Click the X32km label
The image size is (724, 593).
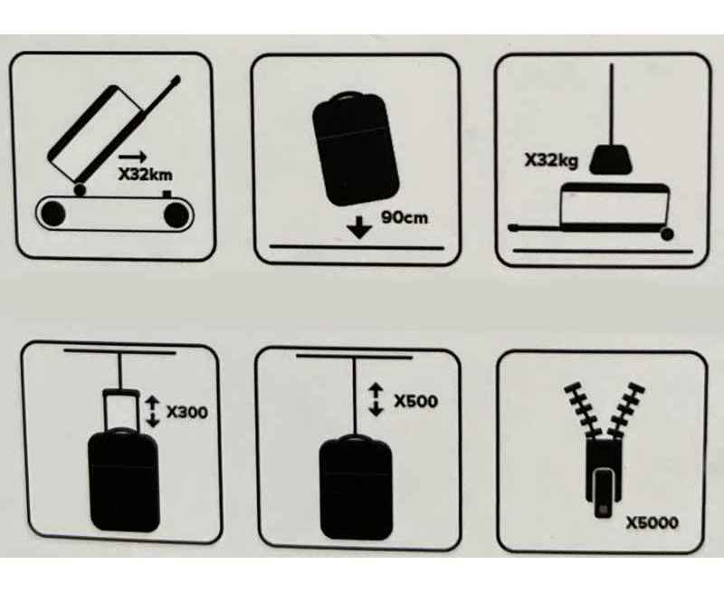(146, 175)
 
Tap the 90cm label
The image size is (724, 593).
(405, 217)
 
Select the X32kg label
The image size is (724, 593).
(551, 161)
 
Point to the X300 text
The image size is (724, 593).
(187, 412)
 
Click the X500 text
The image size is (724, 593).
(415, 401)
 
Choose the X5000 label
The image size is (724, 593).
(652, 522)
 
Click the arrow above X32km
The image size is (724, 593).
(132, 157)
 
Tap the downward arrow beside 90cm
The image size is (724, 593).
(359, 226)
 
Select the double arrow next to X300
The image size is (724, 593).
(152, 412)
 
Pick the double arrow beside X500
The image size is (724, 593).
(376, 400)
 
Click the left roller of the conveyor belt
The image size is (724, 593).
(53, 214)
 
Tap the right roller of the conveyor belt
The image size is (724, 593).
(176, 215)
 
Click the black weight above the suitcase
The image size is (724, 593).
(610, 159)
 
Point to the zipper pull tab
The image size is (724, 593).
(603, 493)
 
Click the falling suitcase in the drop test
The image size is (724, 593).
(355, 148)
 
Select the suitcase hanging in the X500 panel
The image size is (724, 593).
(356, 488)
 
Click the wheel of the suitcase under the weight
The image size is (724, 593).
(667, 234)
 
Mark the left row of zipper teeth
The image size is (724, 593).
(582, 409)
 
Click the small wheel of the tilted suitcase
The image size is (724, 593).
(80, 190)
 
